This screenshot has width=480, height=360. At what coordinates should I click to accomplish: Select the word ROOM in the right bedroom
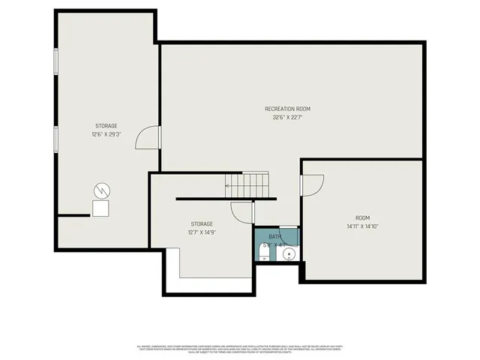(x=363, y=217)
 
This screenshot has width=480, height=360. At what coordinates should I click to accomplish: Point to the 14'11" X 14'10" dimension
(x=363, y=226)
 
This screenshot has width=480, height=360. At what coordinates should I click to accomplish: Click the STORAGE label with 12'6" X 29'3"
(x=106, y=126)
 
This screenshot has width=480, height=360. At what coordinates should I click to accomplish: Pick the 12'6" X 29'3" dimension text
(x=106, y=134)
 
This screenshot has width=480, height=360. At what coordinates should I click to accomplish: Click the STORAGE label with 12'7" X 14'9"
(x=201, y=223)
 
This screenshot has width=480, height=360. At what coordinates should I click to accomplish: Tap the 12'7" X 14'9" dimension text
(x=201, y=232)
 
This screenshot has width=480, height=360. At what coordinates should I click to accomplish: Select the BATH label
(x=275, y=237)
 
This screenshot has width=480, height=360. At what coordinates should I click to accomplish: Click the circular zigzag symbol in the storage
(x=101, y=190)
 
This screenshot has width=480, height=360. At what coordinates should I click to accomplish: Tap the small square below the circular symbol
(x=100, y=208)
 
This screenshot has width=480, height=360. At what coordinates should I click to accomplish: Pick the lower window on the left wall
(x=56, y=139)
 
